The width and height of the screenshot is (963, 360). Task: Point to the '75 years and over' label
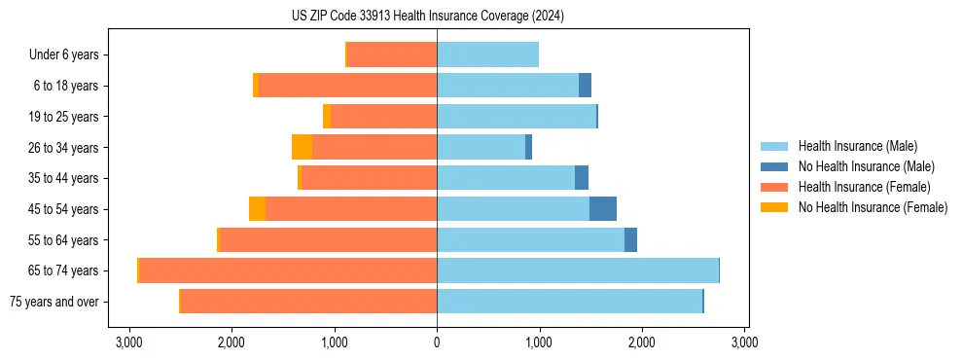click(53, 302)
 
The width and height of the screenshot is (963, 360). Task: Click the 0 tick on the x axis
click(437, 342)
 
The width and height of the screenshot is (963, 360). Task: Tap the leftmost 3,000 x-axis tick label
click(128, 342)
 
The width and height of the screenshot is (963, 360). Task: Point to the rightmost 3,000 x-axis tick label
click(744, 342)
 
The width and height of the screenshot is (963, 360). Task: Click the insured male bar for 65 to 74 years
click(578, 270)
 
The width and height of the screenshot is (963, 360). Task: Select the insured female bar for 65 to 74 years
click(288, 270)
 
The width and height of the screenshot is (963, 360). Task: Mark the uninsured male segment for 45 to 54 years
click(603, 209)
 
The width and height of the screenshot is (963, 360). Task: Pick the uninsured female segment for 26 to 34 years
click(302, 147)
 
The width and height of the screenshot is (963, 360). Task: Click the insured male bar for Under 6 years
click(487, 54)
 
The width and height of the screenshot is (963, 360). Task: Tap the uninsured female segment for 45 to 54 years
click(257, 209)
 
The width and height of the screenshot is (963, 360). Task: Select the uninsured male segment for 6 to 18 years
click(585, 86)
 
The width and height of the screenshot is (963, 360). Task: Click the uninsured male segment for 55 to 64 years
click(630, 239)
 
